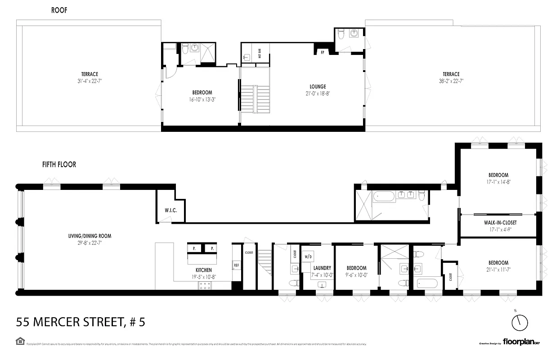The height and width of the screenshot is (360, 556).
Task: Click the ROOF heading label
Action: pos(59,10)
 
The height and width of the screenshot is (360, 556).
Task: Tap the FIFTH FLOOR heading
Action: pos(59,165)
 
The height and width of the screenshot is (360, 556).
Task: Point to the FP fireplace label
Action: pos(322,52)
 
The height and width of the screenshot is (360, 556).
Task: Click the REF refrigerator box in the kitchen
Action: pos(236,265)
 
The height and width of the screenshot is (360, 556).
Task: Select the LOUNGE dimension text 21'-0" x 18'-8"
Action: pos(317,94)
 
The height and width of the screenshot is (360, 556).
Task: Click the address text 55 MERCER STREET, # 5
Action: pos(81,322)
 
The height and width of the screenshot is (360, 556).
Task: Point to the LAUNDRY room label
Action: pos(322,268)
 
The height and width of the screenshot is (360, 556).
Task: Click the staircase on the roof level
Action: pos(255,99)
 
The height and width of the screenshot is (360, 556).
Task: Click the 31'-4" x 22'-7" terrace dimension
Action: pos(90,81)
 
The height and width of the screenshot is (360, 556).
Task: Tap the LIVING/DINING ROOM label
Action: pos(90,236)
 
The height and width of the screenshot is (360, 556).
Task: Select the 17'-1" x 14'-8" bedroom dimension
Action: pos(498,182)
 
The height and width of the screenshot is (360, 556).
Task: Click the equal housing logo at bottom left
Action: pos(19,342)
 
